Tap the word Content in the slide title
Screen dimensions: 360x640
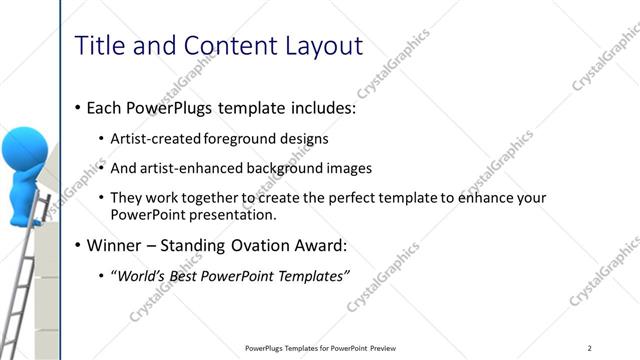click(222, 45)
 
